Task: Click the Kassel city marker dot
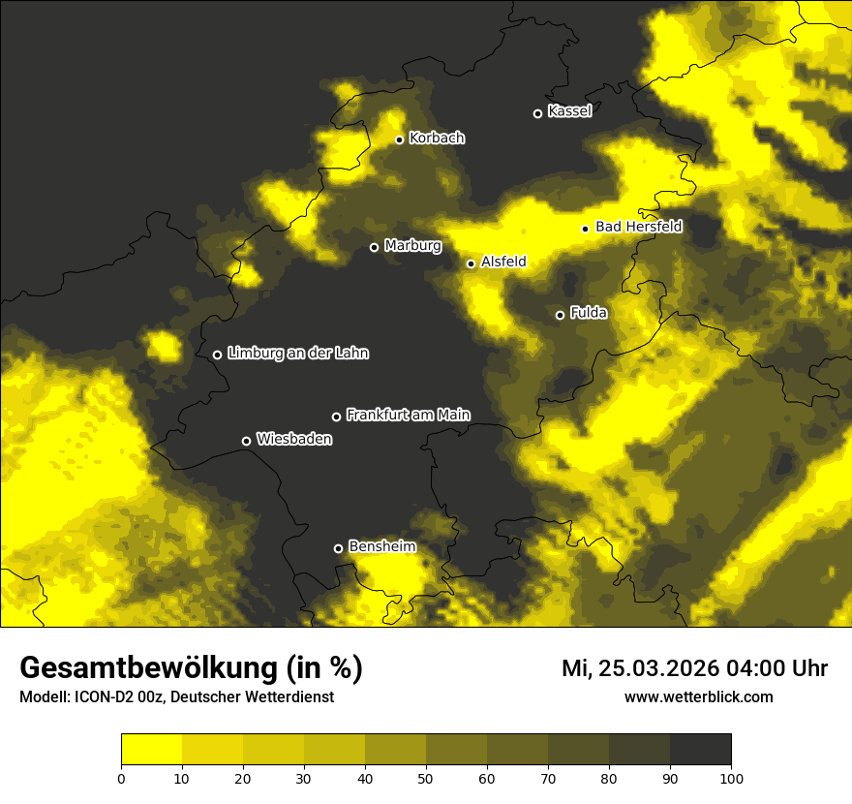coord(538,113)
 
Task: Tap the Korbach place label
coord(437,139)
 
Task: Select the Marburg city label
coord(412,246)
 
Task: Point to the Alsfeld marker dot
coord(471,263)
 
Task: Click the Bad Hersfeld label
coord(638,227)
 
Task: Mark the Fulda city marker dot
coord(560,315)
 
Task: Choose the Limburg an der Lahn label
coord(298,354)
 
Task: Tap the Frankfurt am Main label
coord(408,415)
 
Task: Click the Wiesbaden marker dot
coord(246,441)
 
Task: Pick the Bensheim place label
coord(381,546)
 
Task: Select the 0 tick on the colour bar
coord(121,778)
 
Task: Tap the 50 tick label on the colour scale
coord(426,778)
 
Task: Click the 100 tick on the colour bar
coord(731,778)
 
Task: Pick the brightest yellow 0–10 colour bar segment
coord(151,750)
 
